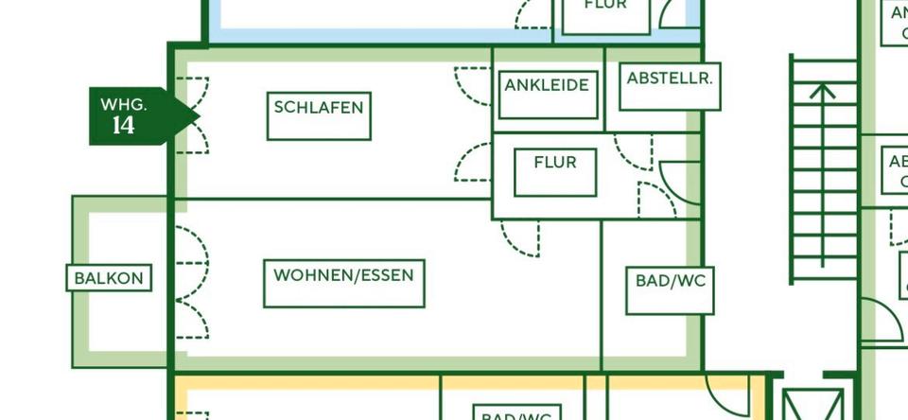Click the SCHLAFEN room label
(x=319, y=107)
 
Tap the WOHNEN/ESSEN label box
(x=343, y=275)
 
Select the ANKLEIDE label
(x=547, y=85)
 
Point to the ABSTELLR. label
(x=669, y=79)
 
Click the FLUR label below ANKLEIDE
(x=554, y=163)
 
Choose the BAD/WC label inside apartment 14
(x=670, y=281)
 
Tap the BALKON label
(x=109, y=278)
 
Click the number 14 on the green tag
(x=123, y=126)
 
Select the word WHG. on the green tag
(x=123, y=104)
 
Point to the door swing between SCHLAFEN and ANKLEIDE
(x=473, y=85)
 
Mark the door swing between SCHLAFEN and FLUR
(x=473, y=161)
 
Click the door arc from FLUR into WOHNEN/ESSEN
(x=520, y=237)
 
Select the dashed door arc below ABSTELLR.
(x=633, y=151)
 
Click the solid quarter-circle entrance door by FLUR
(x=679, y=180)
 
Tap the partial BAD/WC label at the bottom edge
(x=515, y=414)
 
